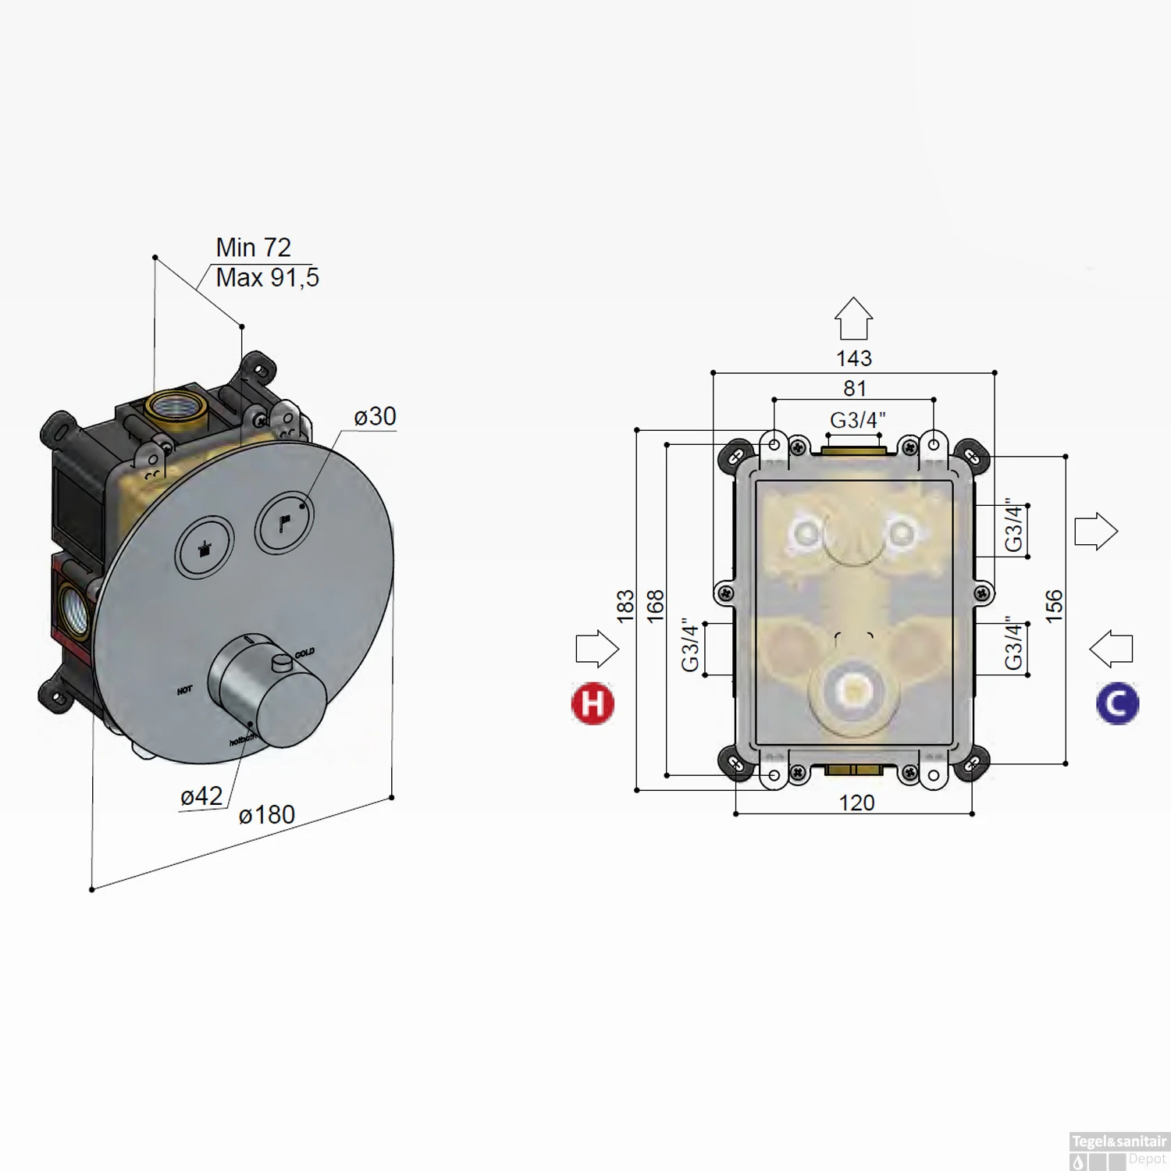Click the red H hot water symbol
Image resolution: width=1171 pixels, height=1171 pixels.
(x=593, y=703)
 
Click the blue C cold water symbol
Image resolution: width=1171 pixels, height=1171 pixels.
(x=1117, y=703)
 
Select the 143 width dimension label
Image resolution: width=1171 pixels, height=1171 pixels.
(x=853, y=358)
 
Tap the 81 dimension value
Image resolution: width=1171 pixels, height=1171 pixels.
(x=855, y=388)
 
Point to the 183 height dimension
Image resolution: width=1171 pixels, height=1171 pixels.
(x=625, y=606)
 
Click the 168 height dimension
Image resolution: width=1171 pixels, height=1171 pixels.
(x=656, y=606)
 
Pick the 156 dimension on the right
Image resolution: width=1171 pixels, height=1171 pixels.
(x=1054, y=606)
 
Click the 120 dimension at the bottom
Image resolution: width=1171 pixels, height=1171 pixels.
(x=856, y=803)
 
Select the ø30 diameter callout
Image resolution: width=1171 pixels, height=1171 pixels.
(x=375, y=416)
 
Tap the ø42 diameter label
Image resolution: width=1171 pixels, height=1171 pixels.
(x=201, y=796)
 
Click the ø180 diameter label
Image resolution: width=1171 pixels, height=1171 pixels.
(x=267, y=815)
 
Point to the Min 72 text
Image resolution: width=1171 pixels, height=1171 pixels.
(x=253, y=247)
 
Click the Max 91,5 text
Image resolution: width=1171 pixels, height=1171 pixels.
(x=267, y=277)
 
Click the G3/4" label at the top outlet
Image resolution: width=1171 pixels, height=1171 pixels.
(x=857, y=420)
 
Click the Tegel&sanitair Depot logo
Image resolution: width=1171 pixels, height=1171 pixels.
(x=1119, y=1151)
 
